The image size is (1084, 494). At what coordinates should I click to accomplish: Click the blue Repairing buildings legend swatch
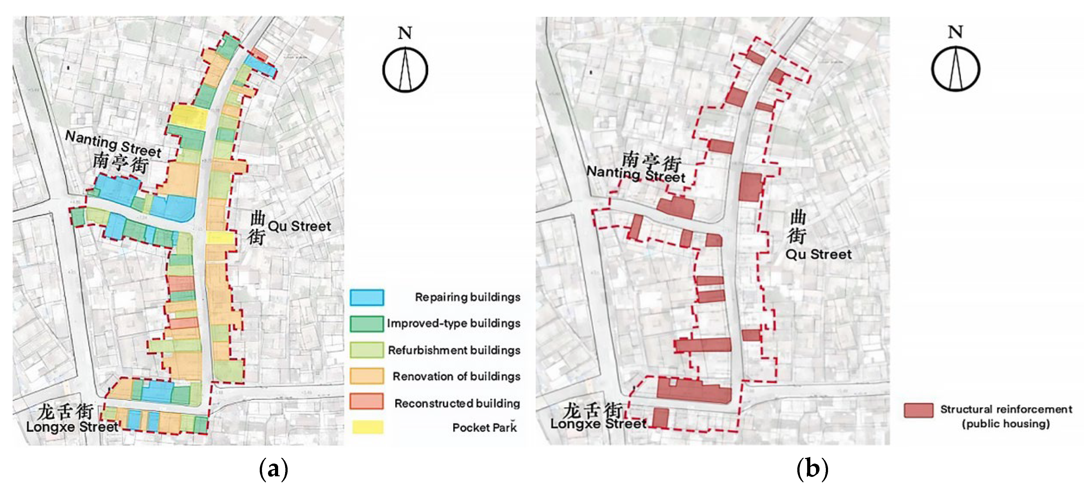(367, 297)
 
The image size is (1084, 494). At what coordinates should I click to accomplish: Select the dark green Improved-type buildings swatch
(367, 324)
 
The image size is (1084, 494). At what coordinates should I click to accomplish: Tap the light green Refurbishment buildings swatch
(367, 350)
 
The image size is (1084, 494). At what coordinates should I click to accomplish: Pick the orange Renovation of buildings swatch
(367, 376)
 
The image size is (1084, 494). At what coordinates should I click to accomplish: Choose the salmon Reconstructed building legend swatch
(367, 402)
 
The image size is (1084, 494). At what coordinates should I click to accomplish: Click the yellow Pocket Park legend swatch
(368, 427)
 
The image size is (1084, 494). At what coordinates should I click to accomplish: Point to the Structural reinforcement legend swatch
(918, 410)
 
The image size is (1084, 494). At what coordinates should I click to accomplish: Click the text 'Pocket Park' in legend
(484, 427)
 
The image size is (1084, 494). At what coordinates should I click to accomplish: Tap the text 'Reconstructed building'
(457, 403)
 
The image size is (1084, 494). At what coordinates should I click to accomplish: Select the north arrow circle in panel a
(405, 70)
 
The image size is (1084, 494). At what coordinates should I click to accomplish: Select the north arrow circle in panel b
(955, 69)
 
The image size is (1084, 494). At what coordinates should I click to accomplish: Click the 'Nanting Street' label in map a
(113, 143)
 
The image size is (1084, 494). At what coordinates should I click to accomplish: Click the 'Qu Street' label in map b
(819, 254)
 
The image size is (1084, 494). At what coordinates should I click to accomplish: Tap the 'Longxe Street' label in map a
(72, 427)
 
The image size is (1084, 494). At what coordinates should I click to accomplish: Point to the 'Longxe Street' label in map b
(598, 423)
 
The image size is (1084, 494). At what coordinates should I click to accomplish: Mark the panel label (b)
(812, 469)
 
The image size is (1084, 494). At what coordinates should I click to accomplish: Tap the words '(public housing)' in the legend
(1006, 423)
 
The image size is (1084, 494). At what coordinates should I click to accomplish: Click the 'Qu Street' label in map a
(299, 226)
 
